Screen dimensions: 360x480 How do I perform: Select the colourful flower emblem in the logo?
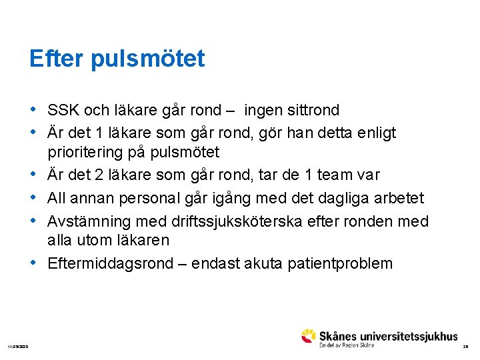[308, 336]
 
